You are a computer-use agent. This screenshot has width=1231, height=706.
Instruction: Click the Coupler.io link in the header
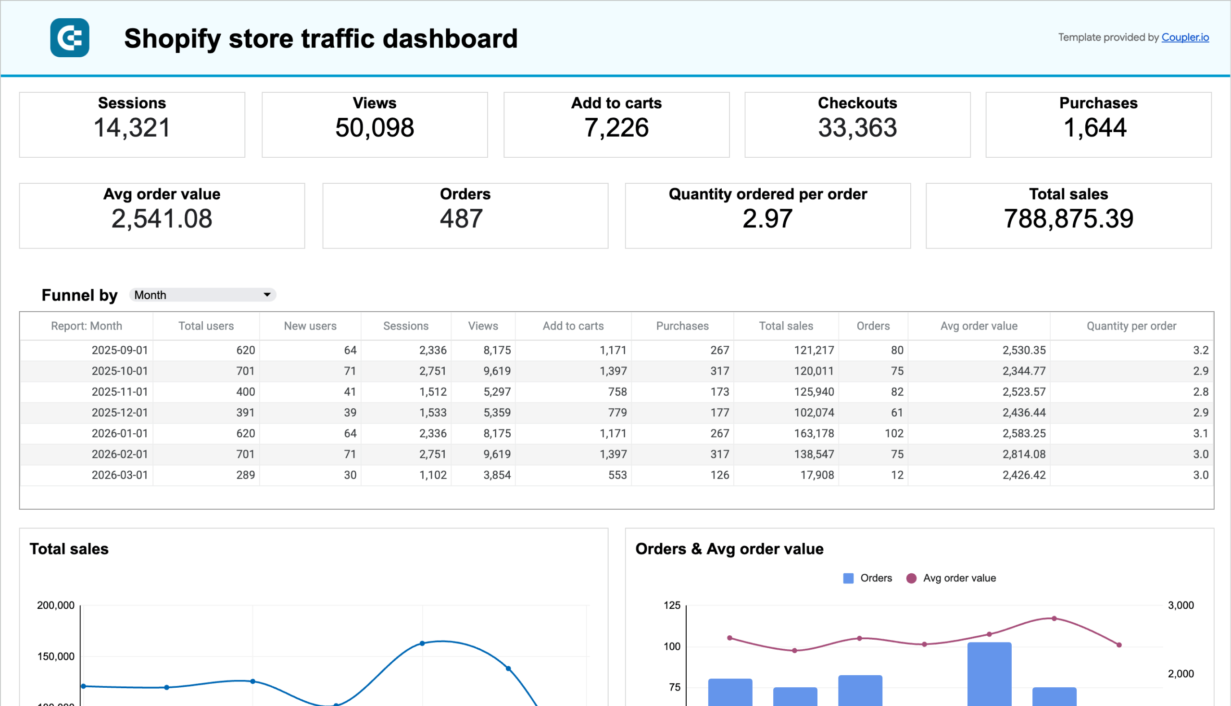point(1184,38)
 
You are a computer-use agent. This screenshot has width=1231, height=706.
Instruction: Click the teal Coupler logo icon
point(69,38)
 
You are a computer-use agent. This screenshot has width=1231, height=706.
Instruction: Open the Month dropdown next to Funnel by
point(202,295)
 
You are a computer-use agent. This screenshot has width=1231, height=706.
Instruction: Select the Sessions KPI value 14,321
point(132,128)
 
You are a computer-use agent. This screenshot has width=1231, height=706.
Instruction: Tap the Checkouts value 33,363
point(857,128)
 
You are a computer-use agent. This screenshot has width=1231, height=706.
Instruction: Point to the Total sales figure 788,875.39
point(1068,219)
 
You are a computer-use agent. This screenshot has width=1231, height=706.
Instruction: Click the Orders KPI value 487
point(461,219)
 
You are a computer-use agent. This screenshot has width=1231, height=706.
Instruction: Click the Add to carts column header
point(573,326)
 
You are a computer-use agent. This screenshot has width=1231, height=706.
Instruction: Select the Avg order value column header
point(979,326)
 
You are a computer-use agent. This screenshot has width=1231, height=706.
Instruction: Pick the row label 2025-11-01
point(120,392)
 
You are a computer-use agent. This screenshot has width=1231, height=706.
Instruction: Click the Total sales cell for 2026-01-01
point(814,433)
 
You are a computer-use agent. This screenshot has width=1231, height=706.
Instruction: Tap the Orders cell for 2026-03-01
point(897,475)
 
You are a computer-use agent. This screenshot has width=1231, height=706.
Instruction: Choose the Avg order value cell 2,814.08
point(1023,454)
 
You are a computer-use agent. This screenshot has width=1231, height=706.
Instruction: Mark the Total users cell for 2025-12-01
point(245,413)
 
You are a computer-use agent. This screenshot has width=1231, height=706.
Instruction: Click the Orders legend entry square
point(848,578)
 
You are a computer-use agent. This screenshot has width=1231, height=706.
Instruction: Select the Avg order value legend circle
point(911,578)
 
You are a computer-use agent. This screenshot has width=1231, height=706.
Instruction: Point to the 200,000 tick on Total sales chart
point(56,605)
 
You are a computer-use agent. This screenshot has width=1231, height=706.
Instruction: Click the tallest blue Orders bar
point(989,674)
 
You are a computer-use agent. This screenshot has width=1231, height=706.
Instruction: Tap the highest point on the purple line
point(1054,619)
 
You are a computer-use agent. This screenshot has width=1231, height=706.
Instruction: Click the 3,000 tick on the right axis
point(1181,605)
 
